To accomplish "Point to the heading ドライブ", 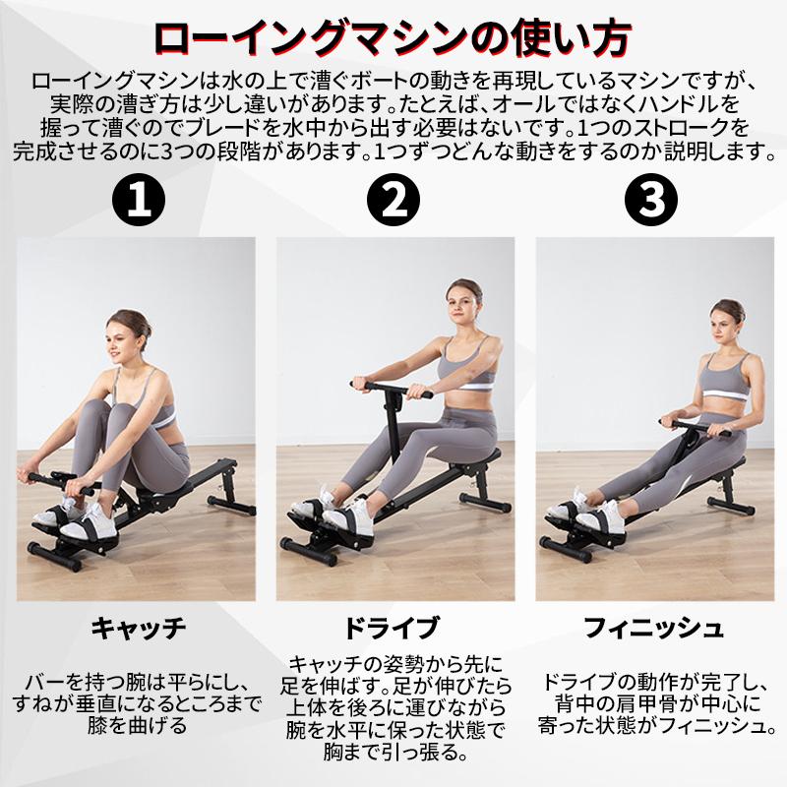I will (x=393, y=627).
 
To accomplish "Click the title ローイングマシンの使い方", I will (x=393, y=40).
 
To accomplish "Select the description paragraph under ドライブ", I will (x=394, y=708).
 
